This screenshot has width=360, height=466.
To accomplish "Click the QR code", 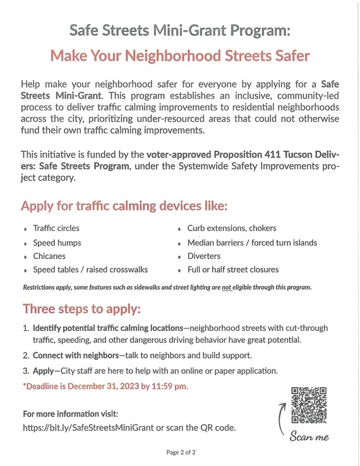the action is coord(308,405).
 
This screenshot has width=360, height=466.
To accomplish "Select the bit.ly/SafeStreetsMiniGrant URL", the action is coord(86,427).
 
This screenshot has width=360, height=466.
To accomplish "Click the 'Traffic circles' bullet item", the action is coord(56,228).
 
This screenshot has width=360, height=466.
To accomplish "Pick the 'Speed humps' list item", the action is coord(57,242).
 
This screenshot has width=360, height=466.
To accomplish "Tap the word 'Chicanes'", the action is coord(49,256).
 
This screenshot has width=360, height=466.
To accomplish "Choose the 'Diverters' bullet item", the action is coord(204,256).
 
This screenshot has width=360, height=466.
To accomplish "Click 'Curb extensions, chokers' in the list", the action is coord(232,228).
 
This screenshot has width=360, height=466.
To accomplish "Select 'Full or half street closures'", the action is coord(233,270).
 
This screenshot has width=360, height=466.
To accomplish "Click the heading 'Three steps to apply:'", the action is coord(81,309).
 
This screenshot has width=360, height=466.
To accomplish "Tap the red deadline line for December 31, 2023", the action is coord(105,386).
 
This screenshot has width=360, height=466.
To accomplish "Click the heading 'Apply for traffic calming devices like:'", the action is coord(124,206).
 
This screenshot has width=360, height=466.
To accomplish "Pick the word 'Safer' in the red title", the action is coord(288,56).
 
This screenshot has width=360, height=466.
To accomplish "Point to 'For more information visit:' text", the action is coord(70,414).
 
